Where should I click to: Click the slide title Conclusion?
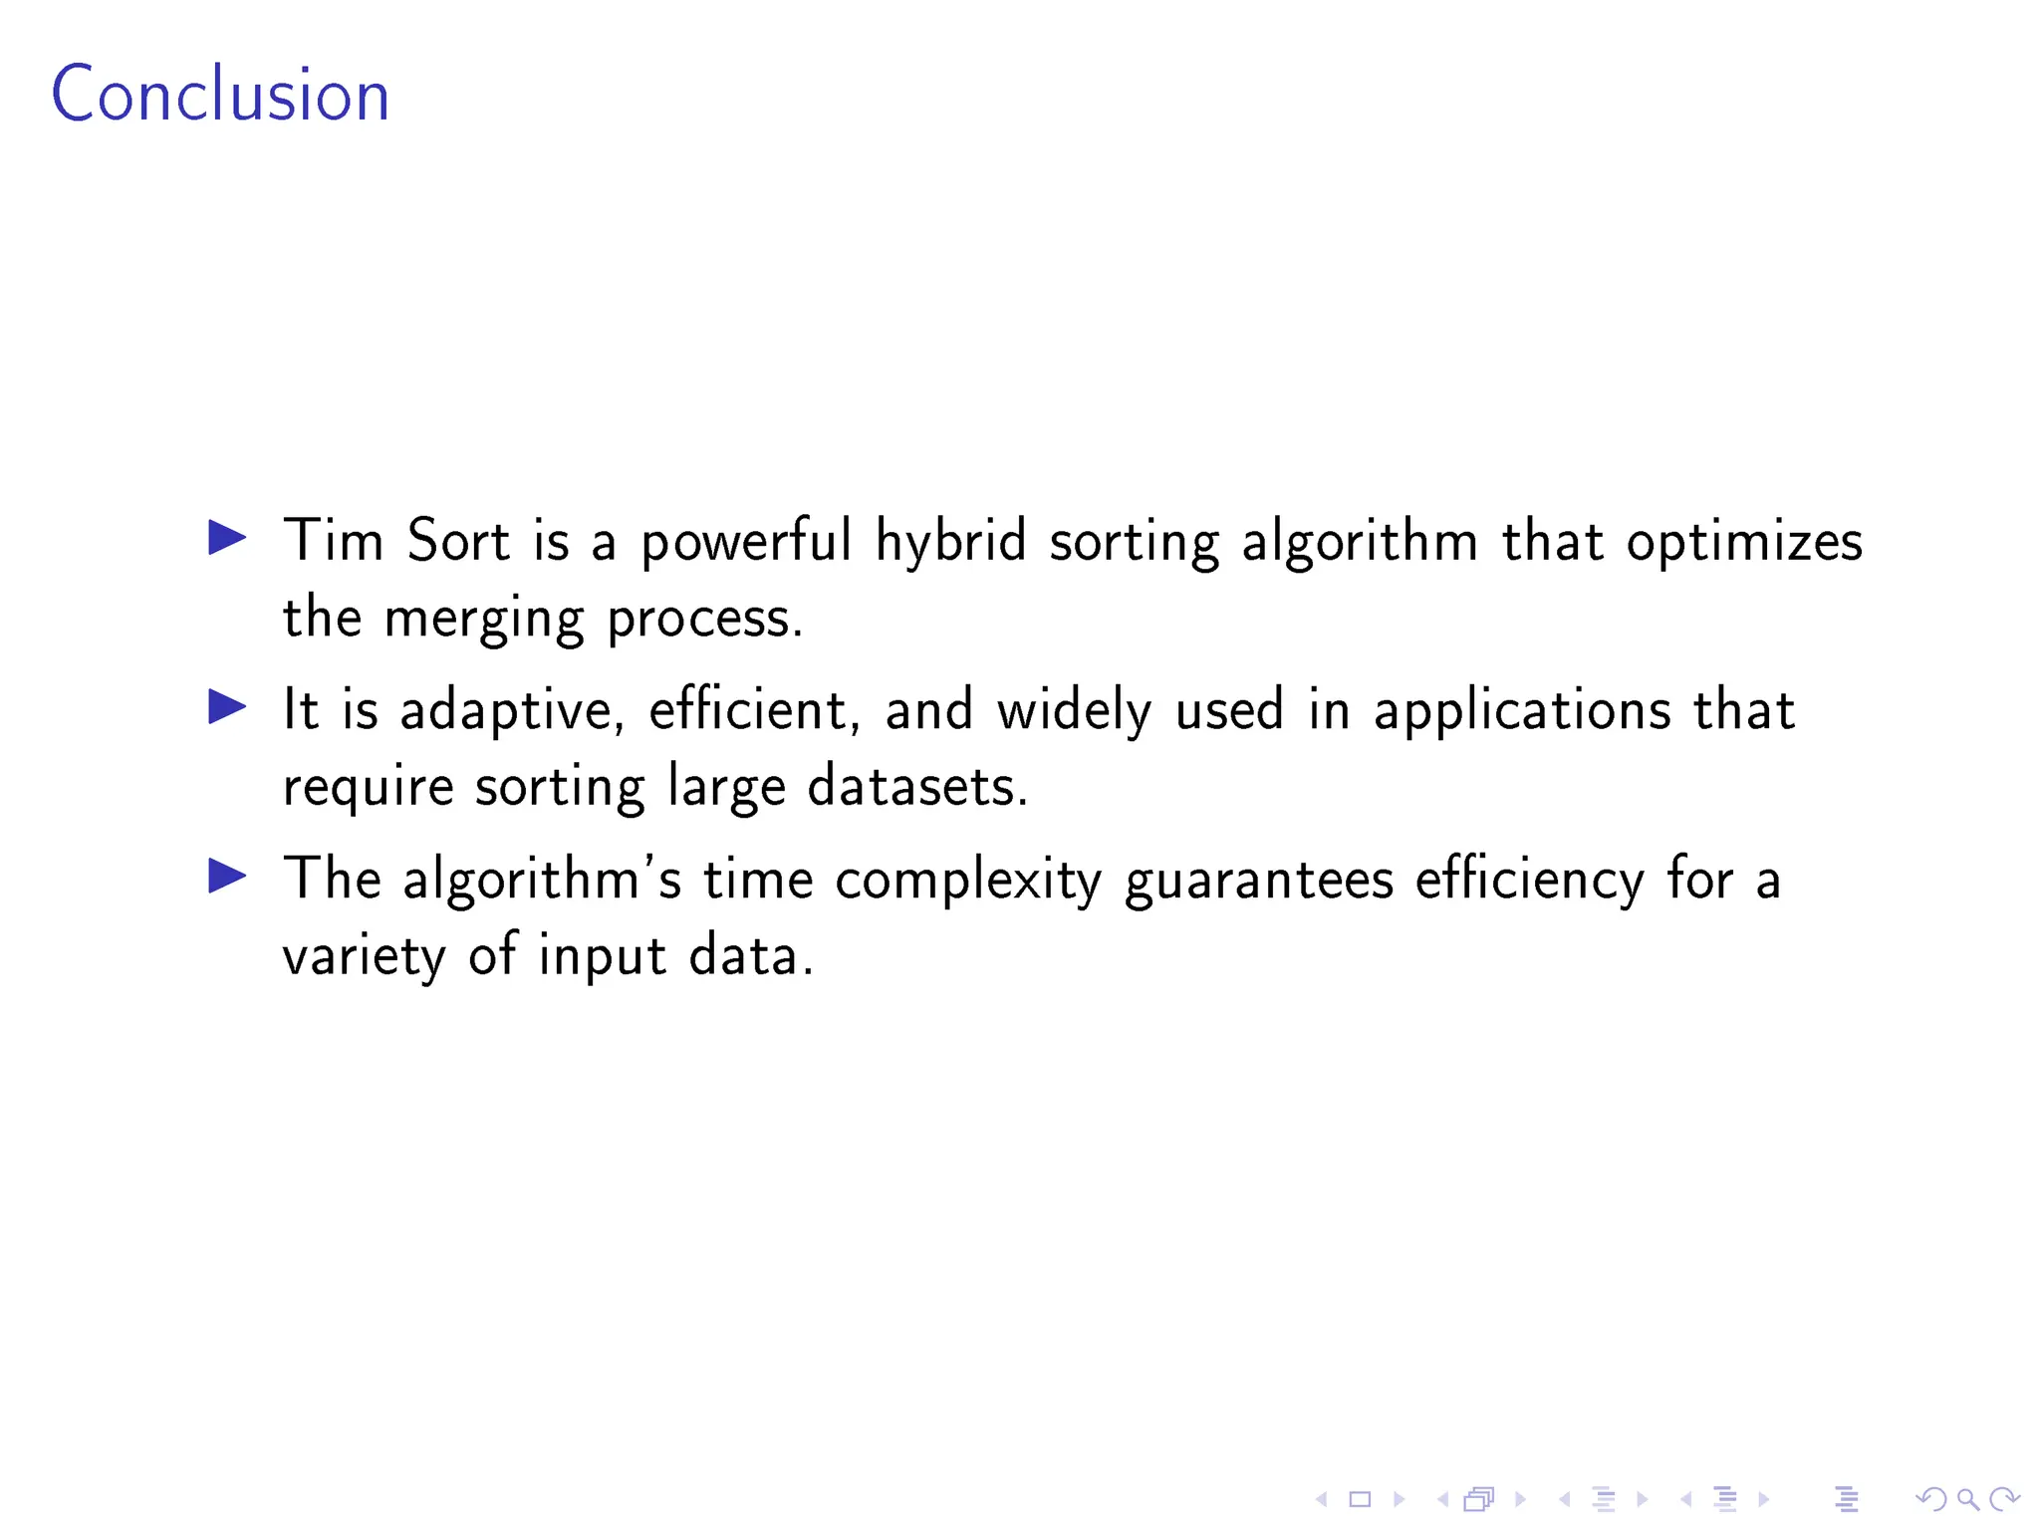point(220,95)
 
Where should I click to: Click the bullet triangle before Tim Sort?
point(227,538)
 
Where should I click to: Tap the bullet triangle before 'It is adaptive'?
point(227,707)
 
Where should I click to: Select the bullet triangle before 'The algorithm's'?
point(227,877)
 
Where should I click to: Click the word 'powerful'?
point(746,543)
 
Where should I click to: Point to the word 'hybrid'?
point(950,543)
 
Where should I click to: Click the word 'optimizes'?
point(1744,543)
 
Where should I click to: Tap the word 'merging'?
point(484,620)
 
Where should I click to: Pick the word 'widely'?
point(1075,711)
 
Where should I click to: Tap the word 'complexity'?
point(968,881)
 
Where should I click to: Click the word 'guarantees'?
point(1259,881)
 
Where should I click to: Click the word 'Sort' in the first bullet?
point(458,541)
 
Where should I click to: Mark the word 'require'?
point(369,789)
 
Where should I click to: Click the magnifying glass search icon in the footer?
point(1968,1498)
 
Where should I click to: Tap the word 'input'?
point(603,956)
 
